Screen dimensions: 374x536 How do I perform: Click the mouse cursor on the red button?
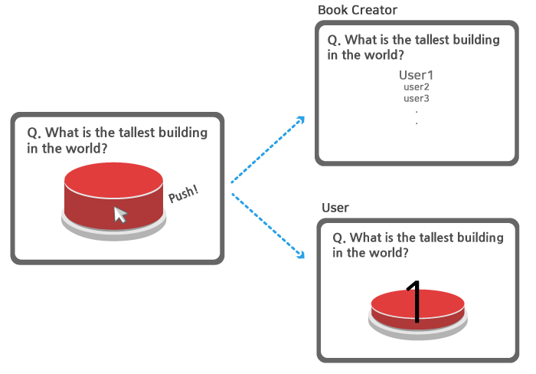tap(120, 215)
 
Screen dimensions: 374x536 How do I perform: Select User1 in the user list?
tap(417, 75)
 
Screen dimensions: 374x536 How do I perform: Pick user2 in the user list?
tap(417, 87)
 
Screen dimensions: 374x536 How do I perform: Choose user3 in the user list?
tap(417, 98)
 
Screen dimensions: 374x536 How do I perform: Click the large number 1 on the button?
tap(414, 301)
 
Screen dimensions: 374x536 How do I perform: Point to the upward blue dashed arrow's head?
tap(301, 120)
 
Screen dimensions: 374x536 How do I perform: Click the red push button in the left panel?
tap(113, 188)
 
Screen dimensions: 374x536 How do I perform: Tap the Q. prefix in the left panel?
tap(34, 133)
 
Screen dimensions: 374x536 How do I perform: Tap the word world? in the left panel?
tap(84, 148)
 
